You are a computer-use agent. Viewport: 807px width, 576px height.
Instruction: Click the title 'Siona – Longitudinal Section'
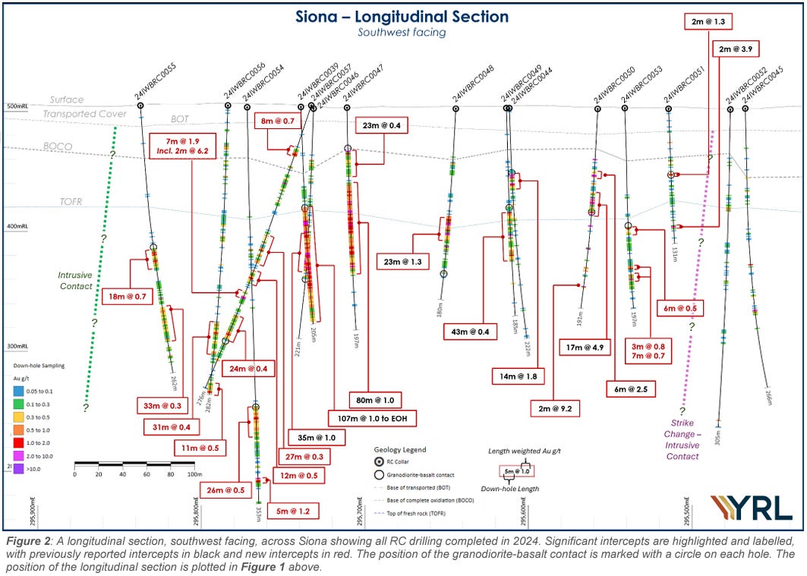coord(402,16)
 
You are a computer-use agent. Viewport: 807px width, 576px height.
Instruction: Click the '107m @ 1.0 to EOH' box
coord(371,417)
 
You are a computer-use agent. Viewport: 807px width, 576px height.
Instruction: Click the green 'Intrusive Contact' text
coord(75,281)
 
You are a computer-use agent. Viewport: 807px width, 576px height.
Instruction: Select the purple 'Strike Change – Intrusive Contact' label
coord(682,439)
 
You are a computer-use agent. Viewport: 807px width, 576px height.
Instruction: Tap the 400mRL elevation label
coord(15,226)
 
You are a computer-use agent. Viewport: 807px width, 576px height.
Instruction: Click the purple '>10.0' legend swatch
coord(17,469)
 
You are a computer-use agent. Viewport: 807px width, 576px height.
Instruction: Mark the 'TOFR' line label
coord(71,202)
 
